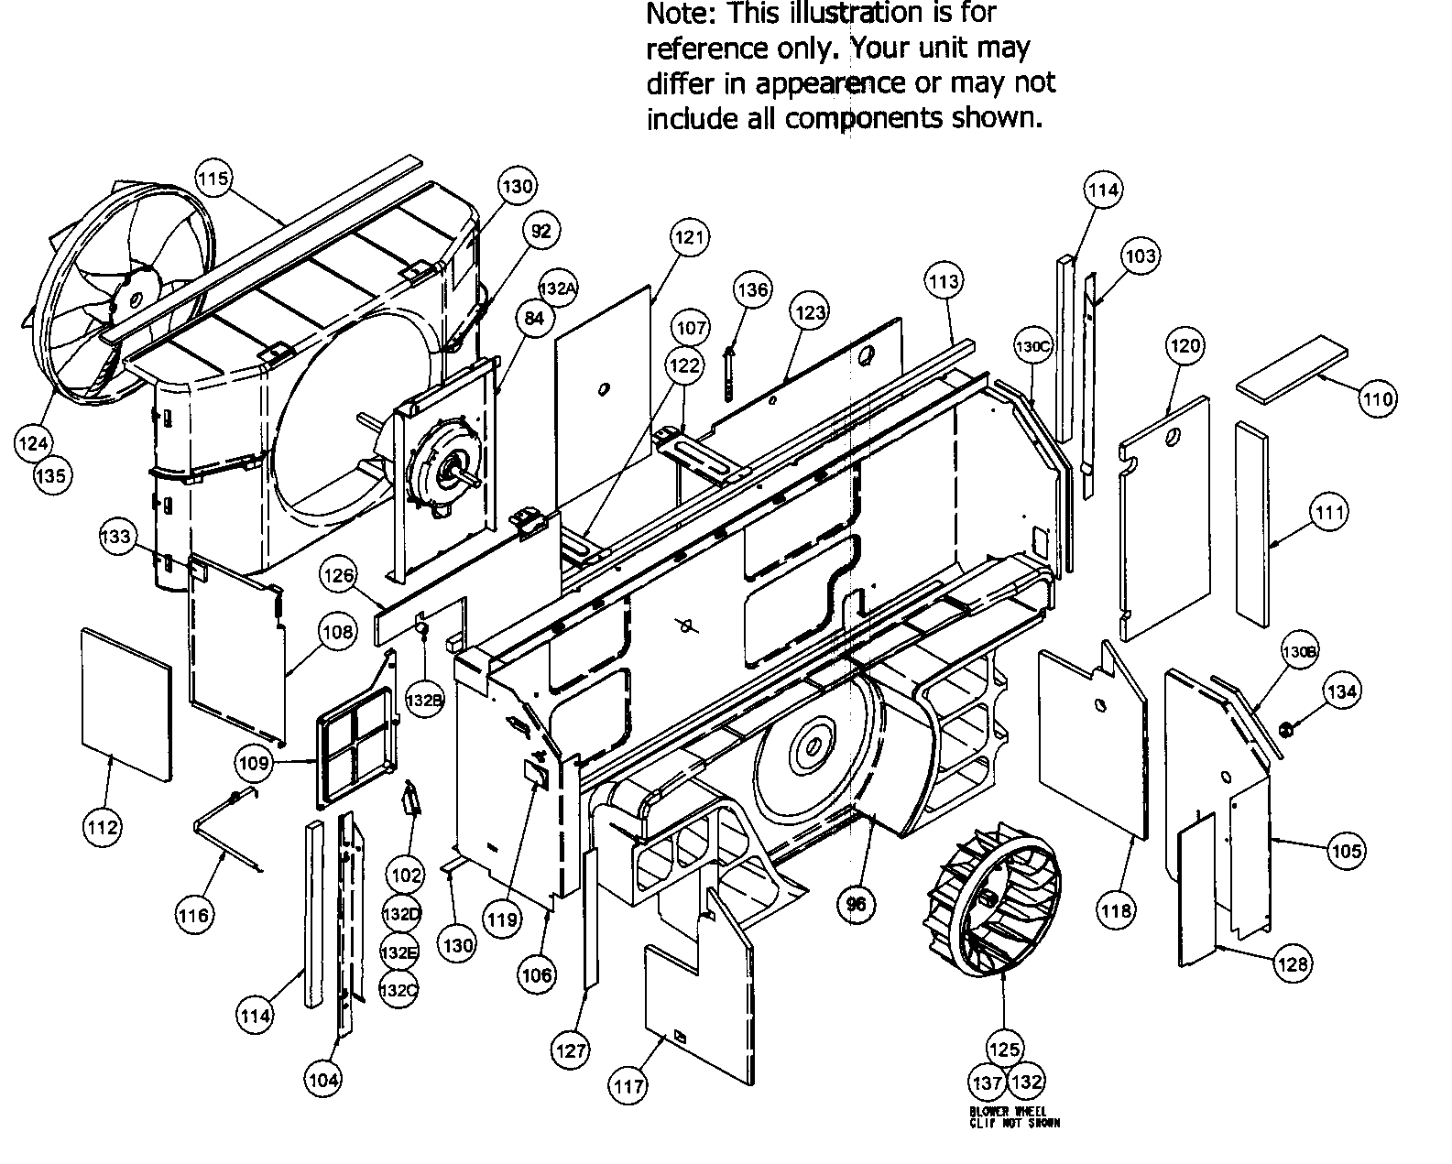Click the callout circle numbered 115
(x=214, y=179)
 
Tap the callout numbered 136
(x=752, y=289)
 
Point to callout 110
(x=1377, y=398)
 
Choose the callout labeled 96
(x=857, y=904)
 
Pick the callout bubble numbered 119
(x=502, y=919)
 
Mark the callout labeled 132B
(x=424, y=701)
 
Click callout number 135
(x=52, y=475)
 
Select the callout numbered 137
(x=988, y=1082)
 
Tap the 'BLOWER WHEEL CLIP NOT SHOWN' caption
(x=1014, y=1116)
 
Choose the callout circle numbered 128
(x=1293, y=963)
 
